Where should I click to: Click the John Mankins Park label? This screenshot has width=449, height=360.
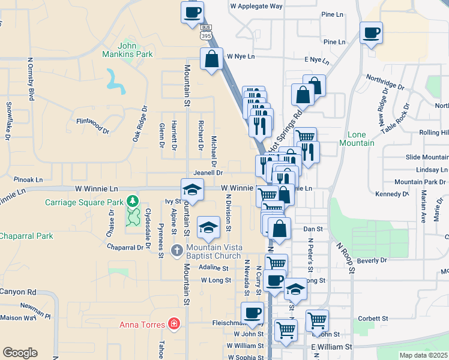[x=135, y=50]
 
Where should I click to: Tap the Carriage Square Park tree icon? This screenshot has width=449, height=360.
[x=132, y=201]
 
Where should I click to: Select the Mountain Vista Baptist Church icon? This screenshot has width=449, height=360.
[x=176, y=250]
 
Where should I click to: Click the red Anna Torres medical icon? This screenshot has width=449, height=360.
[x=174, y=325]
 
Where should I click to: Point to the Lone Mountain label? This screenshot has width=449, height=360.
[x=357, y=139]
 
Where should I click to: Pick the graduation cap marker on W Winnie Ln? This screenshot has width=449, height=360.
[x=192, y=190]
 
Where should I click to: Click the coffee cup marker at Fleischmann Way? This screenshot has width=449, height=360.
[x=252, y=313]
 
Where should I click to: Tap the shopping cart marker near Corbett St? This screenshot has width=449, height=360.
[x=317, y=320]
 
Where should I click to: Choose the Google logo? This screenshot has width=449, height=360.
[x=20, y=353]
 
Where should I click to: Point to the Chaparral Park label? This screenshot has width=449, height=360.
[x=26, y=236]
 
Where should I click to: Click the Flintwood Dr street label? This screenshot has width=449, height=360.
[x=93, y=122]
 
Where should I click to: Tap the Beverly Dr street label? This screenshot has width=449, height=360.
[x=372, y=260]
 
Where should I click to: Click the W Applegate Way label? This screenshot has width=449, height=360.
[x=256, y=6]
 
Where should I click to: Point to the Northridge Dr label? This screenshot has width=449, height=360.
[x=385, y=83]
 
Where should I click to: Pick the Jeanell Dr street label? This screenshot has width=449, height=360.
[x=208, y=172]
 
